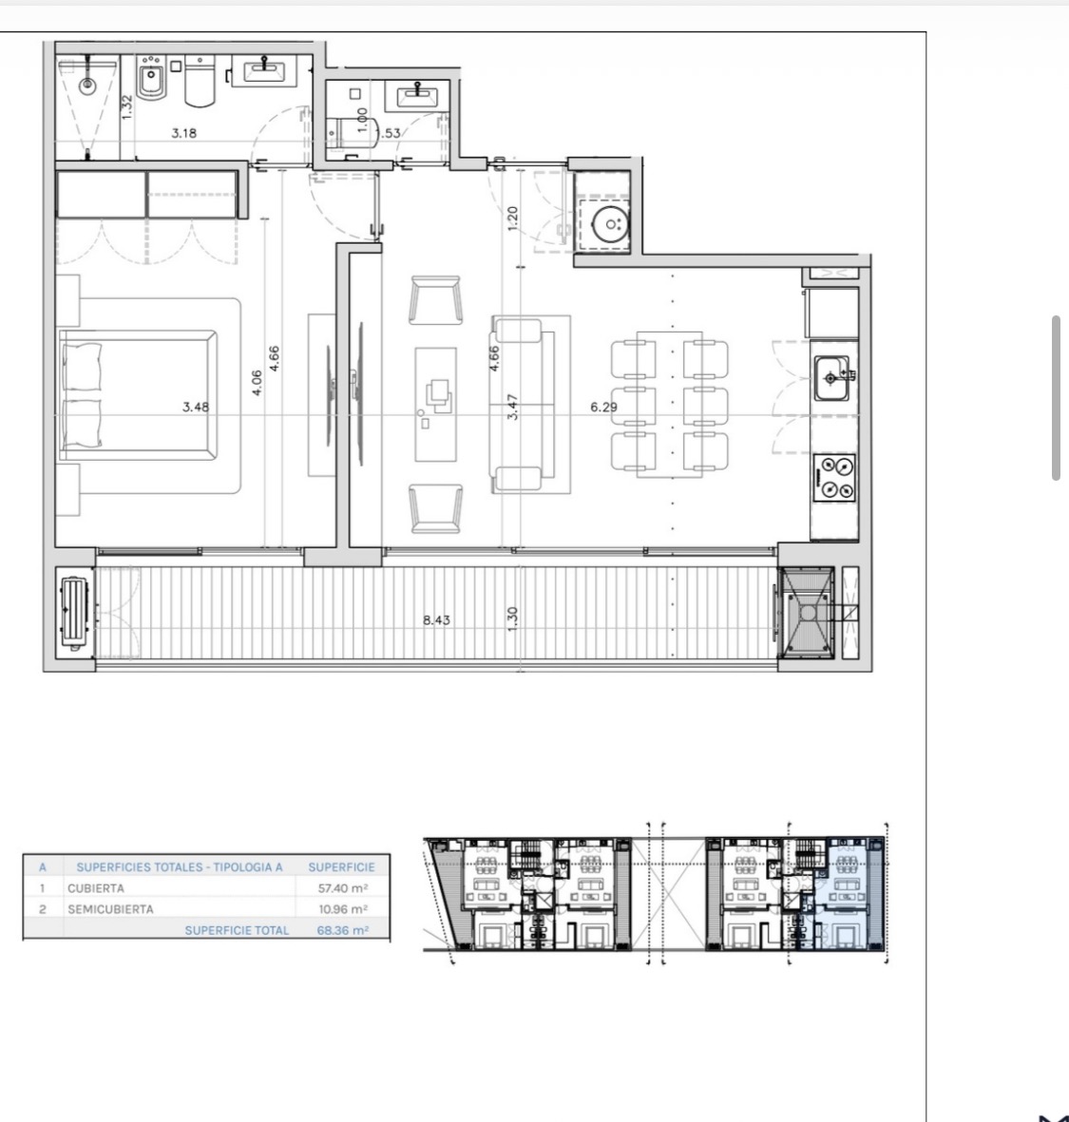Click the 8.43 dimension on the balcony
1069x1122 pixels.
pyautogui.click(x=436, y=619)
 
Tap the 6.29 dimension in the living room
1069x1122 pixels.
pyautogui.click(x=604, y=407)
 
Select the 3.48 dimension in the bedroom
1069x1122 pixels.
pyautogui.click(x=196, y=407)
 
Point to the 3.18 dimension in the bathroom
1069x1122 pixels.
pyautogui.click(x=184, y=132)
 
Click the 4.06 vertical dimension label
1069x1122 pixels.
pyautogui.click(x=257, y=382)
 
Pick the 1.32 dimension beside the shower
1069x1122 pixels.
pyautogui.click(x=126, y=107)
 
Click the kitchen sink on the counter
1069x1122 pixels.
pyautogui.click(x=832, y=377)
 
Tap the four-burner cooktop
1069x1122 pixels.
pyautogui.click(x=834, y=477)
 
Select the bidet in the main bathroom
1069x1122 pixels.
pyautogui.click(x=151, y=83)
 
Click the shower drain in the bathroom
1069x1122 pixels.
pyautogui.click(x=87, y=86)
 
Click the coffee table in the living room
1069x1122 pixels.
pyautogui.click(x=436, y=405)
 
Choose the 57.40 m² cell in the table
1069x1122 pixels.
pyautogui.click(x=343, y=888)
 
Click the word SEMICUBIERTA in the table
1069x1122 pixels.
pyautogui.click(x=110, y=909)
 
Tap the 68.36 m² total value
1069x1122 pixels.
pyautogui.click(x=343, y=930)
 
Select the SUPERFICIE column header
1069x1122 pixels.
pyautogui.click(x=341, y=867)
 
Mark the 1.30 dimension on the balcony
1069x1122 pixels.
pyautogui.click(x=512, y=619)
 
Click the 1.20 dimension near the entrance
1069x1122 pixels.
pyautogui.click(x=512, y=219)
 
